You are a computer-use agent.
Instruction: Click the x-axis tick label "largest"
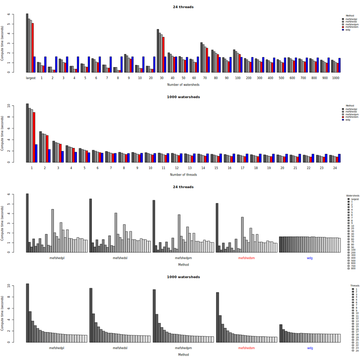31,78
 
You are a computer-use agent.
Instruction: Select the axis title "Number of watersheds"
183,85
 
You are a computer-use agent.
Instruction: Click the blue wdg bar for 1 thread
36,153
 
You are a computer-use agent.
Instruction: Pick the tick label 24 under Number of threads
334,168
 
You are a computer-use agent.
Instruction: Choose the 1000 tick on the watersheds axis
336,78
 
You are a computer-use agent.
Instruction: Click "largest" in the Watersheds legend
355,199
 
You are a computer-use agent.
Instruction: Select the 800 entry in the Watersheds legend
354,268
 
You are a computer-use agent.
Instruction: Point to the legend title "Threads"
355,285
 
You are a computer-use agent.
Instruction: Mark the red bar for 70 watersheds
207,60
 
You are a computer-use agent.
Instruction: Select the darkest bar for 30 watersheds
158,51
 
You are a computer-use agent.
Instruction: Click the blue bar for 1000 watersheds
340,65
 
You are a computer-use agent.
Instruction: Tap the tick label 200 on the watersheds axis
249,78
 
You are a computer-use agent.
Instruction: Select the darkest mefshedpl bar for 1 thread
27,133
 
